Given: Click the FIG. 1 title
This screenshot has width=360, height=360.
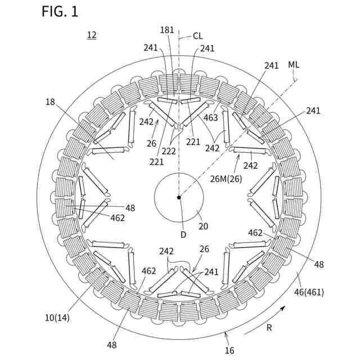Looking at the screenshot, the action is point(60,12).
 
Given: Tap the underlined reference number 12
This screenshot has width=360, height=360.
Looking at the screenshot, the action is point(92,35).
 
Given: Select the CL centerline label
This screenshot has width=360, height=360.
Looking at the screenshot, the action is point(197,36).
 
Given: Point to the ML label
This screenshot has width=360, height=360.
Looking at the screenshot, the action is point(294,65).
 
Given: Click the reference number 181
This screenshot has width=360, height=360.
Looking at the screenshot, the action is point(167,30).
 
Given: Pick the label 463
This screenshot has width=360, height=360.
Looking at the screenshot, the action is point(210,118).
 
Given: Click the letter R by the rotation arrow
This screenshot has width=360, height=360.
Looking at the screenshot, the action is point(269,328).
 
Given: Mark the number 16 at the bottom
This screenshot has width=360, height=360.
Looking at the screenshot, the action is point(229,350).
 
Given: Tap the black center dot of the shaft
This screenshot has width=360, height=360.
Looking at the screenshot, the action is point(179,197).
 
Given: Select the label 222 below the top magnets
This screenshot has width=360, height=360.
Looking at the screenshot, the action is point(168,151).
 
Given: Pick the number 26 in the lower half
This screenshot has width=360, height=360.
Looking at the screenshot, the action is point(204,250).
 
